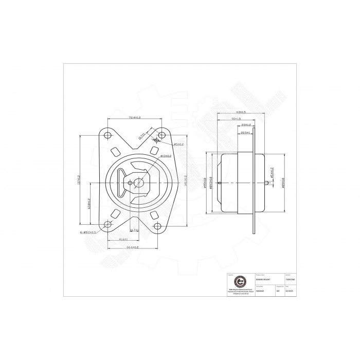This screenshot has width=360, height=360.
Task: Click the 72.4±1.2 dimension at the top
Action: pos(134,118)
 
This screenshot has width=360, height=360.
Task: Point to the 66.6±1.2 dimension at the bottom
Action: pos(134,247)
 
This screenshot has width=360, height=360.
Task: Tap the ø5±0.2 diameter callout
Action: pos(178,145)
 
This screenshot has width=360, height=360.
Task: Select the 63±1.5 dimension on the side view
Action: pos(240,112)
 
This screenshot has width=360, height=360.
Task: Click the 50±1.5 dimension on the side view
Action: pos(237,119)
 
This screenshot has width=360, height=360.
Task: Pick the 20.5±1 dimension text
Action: pos(245,132)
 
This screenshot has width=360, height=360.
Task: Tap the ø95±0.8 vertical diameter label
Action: pos(205,183)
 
